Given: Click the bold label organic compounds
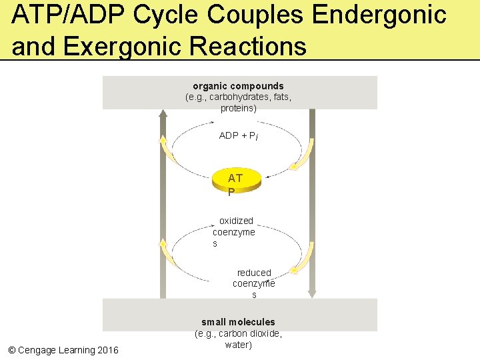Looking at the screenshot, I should coord(238,86).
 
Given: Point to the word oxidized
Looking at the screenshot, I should coord(236,221).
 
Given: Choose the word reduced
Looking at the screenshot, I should coord(254,273).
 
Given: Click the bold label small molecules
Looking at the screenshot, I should coord(238,322).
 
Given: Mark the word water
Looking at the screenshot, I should coord(238,345).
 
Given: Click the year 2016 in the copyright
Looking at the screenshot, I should coord(107,350).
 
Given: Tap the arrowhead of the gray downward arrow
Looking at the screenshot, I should coord(312,293).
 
